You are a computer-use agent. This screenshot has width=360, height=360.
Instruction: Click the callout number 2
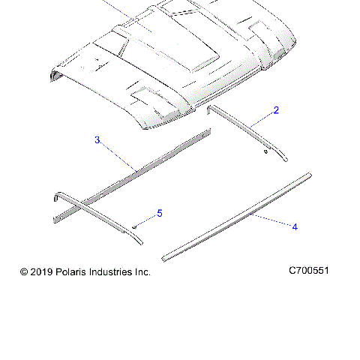276,110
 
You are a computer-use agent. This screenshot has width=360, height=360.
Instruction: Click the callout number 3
97,139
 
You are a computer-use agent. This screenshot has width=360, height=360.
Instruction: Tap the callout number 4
295,226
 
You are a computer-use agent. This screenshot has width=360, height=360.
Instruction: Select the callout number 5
159,214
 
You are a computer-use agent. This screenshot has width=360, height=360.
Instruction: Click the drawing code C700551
309,271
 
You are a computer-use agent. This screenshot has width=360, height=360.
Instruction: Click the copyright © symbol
24,272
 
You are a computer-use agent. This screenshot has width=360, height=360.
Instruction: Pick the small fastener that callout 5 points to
133,225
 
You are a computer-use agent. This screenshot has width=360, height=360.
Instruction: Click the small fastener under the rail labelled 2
265,149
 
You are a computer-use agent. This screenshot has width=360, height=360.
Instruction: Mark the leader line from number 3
116,154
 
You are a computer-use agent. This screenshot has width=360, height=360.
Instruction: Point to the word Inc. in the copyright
142,272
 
